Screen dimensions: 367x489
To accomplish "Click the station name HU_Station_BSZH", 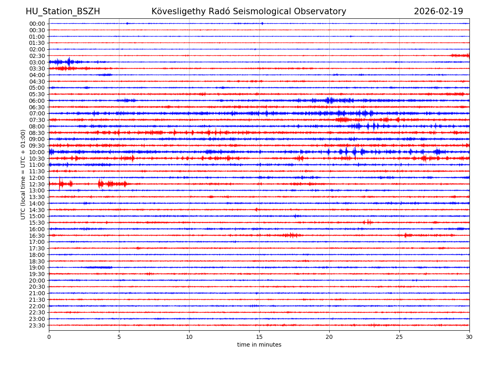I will coord(63,12).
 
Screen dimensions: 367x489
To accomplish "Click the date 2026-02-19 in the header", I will coord(438,12).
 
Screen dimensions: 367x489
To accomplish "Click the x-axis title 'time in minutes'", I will coord(259,345).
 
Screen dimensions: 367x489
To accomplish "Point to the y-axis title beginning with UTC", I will coord(23,174).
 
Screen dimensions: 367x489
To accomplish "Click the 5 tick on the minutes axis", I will coord(119,337).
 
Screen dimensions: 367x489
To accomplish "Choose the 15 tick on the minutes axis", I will coord(259,337).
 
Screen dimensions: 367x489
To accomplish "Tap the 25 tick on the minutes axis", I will coord(399,337).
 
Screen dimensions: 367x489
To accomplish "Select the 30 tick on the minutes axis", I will coord(469,337).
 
